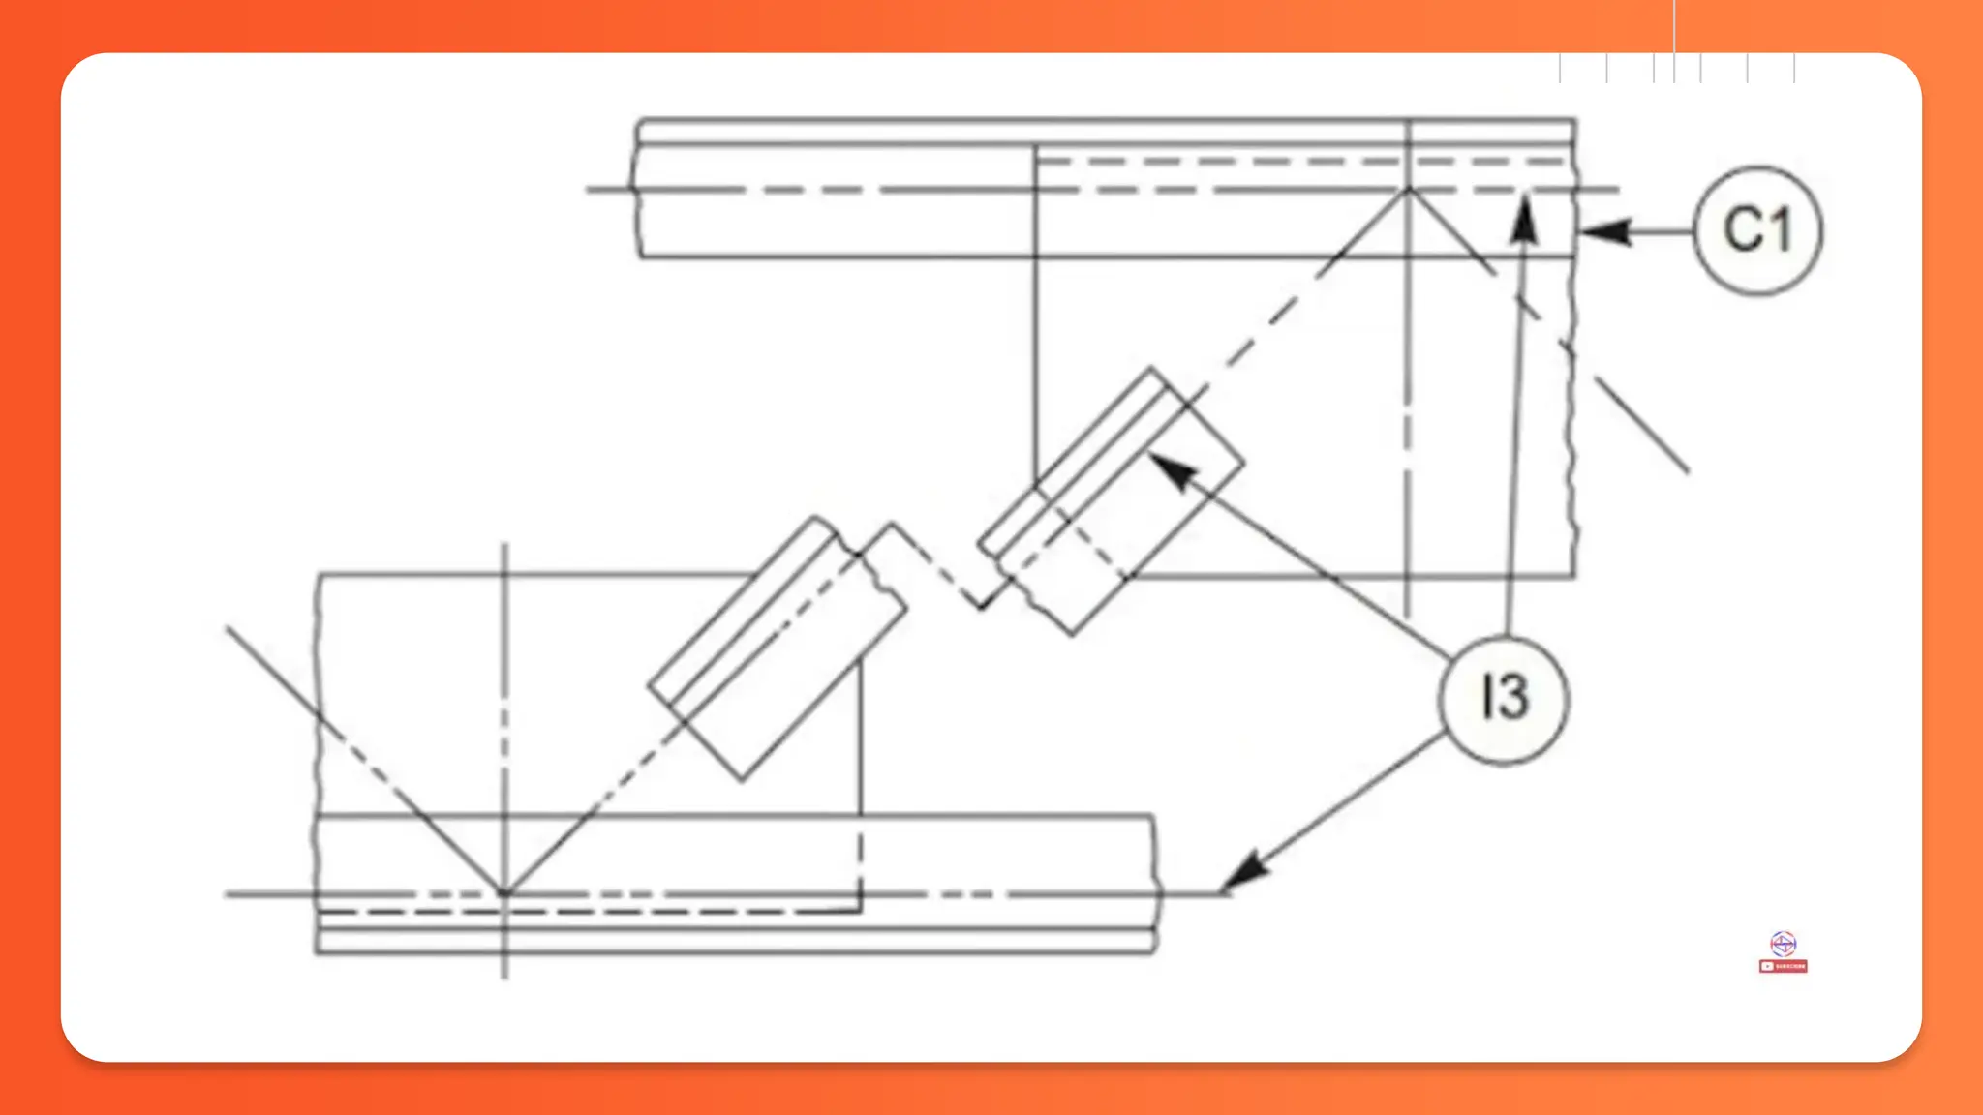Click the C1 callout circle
[x=1757, y=230]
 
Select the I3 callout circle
[x=1504, y=699]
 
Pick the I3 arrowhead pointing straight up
[x=1525, y=219]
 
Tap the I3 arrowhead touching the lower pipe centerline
[x=1244, y=870]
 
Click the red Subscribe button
[x=1783, y=966]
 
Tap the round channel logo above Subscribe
[x=1783, y=944]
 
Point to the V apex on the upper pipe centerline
[x=1409, y=190]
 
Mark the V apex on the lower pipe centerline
[x=503, y=893]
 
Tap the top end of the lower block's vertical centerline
[x=504, y=547]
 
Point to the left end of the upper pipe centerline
[x=589, y=190]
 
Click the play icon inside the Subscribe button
[x=1768, y=966]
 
